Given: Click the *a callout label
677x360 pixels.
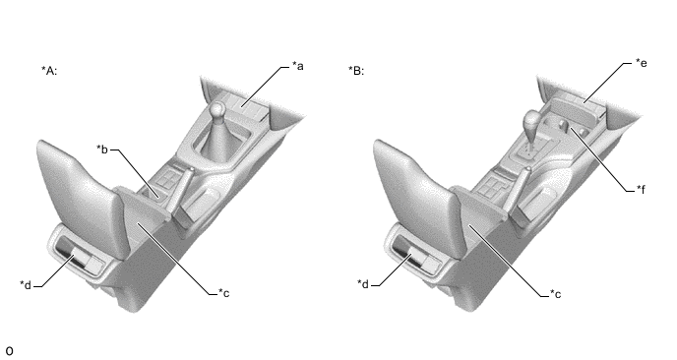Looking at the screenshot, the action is point(298,66).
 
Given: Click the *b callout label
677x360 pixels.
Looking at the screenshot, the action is point(102,150).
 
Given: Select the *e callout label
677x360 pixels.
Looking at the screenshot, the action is point(642,63).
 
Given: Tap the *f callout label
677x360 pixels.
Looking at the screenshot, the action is point(642,189).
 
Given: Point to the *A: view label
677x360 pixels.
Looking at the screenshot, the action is point(49,71).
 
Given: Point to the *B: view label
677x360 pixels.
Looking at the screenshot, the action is point(356,71).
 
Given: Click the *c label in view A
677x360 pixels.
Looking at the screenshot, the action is point(223,293).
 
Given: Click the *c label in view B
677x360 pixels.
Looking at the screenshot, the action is point(555,294).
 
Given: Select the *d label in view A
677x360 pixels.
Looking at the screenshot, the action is point(26,285).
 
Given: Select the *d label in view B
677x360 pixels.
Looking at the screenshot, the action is point(363,284).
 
